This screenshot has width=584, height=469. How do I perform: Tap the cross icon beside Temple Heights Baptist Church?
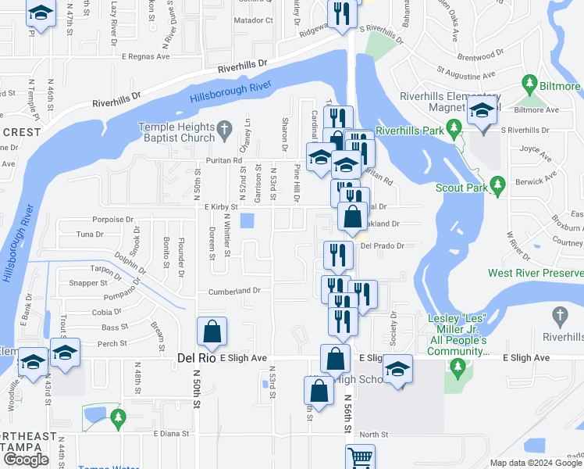[224, 127]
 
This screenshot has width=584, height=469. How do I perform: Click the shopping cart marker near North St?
[360, 456]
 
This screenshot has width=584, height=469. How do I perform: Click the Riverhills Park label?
[411, 130]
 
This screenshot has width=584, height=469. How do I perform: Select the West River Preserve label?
[536, 273]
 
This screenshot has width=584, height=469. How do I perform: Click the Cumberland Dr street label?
[234, 291]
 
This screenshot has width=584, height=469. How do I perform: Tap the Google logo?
[26, 460]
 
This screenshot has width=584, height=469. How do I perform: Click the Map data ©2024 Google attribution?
[535, 463]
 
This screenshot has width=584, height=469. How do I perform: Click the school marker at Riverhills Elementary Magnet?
[483, 115]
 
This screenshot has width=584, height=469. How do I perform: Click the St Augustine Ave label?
[466, 75]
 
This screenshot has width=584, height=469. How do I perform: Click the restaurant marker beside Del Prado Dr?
[338, 254]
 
